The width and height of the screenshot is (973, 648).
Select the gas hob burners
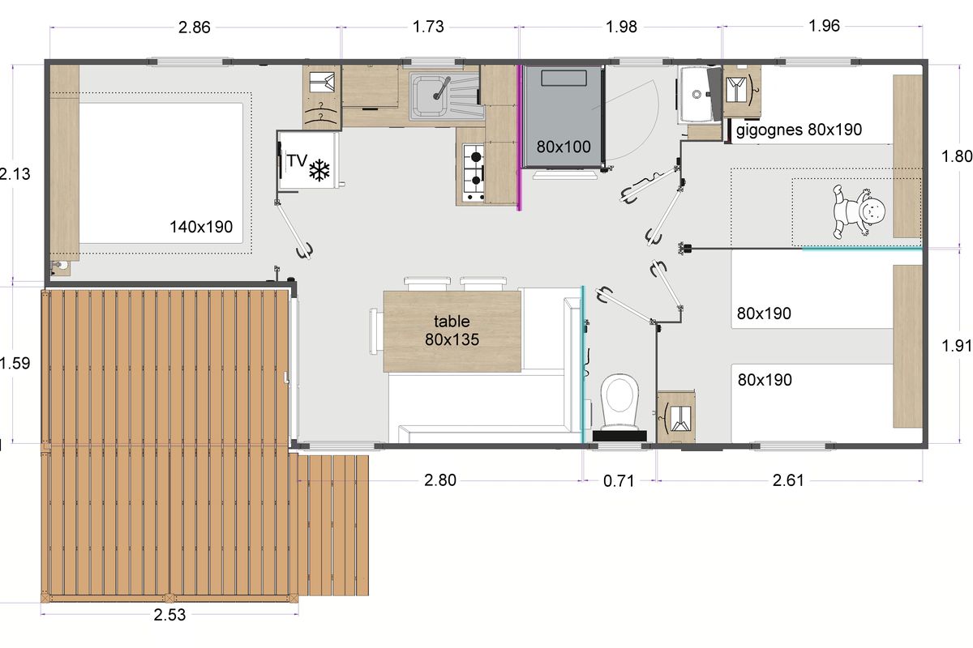click(x=474, y=173)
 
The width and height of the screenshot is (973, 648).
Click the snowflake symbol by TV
click(x=319, y=170)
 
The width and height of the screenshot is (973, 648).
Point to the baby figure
click(x=859, y=211)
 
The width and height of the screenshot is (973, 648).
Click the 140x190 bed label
click(x=201, y=227)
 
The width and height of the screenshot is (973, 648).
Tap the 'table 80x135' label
click(x=452, y=330)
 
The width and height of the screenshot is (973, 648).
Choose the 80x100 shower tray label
click(x=564, y=147)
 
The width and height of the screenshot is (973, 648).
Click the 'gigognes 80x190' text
click(x=799, y=130)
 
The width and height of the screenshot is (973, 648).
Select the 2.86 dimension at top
click(x=194, y=28)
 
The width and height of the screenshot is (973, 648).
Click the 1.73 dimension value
click(x=428, y=27)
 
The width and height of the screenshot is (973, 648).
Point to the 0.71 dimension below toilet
click(x=619, y=481)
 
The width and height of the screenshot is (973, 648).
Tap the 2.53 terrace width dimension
click(x=169, y=615)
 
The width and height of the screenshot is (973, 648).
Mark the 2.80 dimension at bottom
click(x=440, y=480)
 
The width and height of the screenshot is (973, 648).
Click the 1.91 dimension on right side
click(x=956, y=346)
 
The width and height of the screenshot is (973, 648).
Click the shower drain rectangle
click(x=564, y=78)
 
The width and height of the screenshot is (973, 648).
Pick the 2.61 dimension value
click(x=788, y=480)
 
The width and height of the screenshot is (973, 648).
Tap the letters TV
click(x=297, y=160)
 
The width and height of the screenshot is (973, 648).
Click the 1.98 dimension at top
click(x=621, y=27)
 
